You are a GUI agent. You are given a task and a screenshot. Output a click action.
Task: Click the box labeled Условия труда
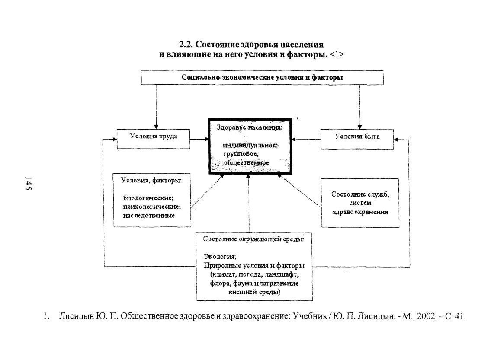(x=153, y=139)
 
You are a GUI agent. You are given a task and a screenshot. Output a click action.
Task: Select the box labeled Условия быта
(x=357, y=139)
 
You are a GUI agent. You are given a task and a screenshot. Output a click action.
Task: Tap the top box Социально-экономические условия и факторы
(x=262, y=77)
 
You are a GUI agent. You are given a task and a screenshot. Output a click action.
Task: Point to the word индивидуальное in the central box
(x=250, y=145)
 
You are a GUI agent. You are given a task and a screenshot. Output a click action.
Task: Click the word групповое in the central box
(x=241, y=154)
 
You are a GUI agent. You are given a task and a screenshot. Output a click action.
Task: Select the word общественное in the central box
(x=246, y=162)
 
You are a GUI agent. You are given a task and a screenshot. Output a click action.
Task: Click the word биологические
(x=148, y=198)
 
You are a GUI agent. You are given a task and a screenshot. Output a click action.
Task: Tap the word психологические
(x=152, y=207)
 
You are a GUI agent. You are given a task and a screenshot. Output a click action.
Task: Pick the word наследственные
(x=149, y=215)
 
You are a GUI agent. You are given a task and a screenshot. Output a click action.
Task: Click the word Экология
(x=220, y=256)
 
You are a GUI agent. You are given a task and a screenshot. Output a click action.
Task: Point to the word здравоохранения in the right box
(x=360, y=212)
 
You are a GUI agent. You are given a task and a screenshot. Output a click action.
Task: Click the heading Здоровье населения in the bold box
(x=249, y=127)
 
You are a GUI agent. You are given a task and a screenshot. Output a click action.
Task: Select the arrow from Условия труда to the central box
(x=199, y=140)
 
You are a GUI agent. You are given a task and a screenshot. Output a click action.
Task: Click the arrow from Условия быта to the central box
(x=306, y=140)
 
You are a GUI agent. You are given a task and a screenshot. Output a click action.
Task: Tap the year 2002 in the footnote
(x=425, y=316)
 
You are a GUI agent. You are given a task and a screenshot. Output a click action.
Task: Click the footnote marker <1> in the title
(x=337, y=54)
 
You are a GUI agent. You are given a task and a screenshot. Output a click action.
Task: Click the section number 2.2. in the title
(x=186, y=45)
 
